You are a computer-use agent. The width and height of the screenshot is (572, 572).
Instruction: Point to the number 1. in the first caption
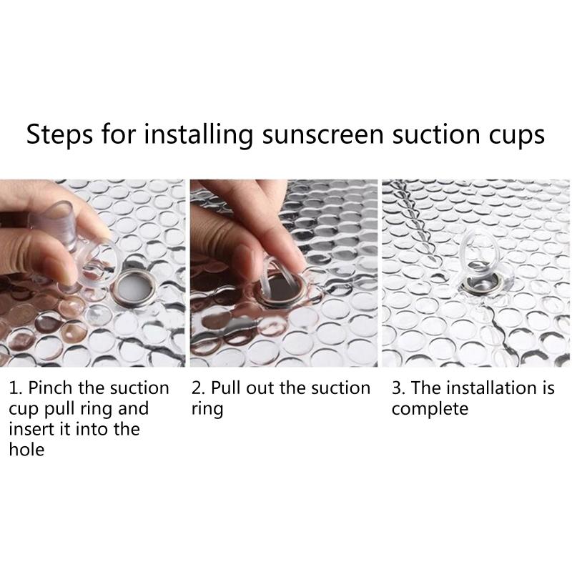16,388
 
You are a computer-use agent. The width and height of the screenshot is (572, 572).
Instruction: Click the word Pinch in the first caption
50,388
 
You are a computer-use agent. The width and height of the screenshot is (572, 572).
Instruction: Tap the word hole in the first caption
26,450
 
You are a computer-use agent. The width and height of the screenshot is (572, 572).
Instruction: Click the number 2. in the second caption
199,388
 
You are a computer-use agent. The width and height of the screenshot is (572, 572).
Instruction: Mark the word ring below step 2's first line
207,409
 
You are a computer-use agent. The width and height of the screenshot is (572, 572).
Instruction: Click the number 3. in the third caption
399,388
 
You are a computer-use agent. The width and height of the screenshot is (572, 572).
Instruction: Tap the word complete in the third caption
430,409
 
